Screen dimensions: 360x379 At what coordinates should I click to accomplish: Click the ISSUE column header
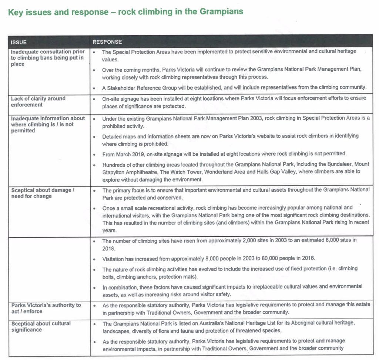[19, 42]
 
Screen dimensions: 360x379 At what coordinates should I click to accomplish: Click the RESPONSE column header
[107, 42]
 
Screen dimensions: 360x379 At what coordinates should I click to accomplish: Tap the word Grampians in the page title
[221, 11]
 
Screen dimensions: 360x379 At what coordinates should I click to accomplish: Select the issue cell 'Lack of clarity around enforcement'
[38, 102]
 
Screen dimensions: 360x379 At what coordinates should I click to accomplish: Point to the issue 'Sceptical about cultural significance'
[41, 326]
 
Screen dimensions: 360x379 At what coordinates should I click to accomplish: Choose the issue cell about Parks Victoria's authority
[46, 308]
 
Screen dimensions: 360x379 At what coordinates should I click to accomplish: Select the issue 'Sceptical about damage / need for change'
[43, 193]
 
